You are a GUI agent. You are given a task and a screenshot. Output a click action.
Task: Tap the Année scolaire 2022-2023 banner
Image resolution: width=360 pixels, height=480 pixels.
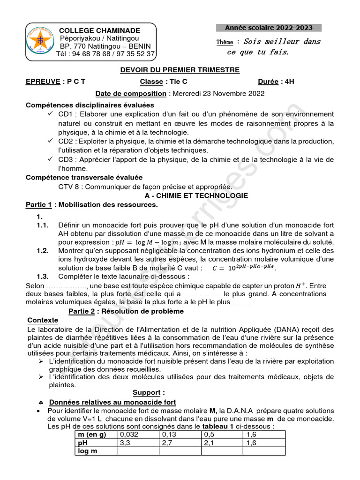pos(269,28)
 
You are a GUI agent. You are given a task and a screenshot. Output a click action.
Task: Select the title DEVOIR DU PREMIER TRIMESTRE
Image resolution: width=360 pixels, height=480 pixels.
pos(180,70)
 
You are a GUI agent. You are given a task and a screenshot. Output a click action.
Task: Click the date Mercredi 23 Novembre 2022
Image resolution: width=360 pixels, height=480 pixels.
pos(218,93)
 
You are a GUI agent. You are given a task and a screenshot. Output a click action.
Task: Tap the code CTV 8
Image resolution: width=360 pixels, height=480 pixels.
pos(67,187)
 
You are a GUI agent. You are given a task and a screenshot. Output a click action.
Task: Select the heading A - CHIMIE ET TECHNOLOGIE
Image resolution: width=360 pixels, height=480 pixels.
pos(196,195)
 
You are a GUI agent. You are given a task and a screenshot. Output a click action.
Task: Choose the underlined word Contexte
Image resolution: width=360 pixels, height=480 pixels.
pos(43,320)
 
